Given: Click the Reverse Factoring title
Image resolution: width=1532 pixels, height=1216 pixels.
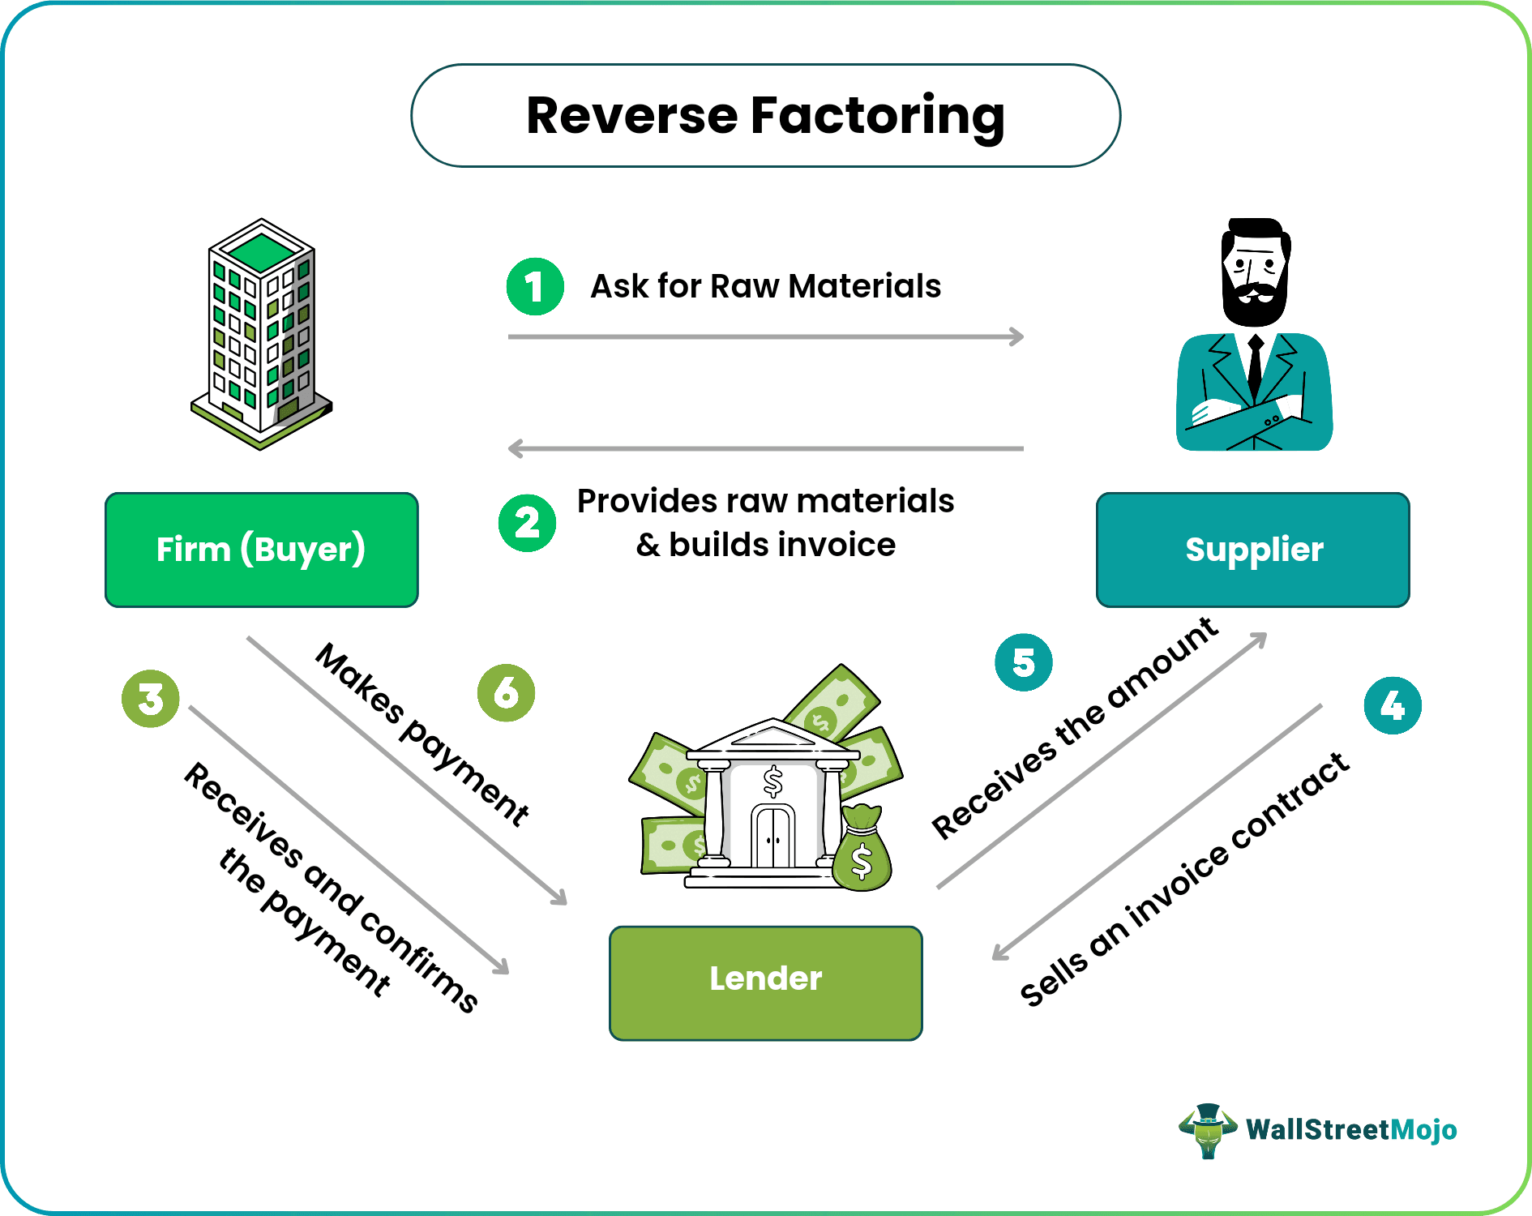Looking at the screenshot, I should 765,116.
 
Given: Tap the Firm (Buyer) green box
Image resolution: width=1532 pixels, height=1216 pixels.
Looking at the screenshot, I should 261,550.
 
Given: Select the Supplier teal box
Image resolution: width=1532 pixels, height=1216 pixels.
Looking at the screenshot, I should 1252,550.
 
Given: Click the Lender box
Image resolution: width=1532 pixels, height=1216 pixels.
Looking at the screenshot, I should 765,983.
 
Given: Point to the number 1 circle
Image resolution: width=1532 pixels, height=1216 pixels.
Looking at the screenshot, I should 535,286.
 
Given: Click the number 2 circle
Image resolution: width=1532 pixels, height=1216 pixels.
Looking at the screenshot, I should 527,523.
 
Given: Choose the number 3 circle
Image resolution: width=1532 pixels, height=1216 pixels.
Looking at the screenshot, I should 151,698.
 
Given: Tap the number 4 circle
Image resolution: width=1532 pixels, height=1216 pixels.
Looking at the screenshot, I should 1392,705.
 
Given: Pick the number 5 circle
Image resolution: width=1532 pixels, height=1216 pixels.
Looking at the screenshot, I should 1023,662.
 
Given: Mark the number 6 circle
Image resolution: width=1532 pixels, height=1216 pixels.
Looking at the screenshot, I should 506,692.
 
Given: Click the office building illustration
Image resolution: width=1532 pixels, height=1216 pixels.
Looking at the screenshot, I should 261,332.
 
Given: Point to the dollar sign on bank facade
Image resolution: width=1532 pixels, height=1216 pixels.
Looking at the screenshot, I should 773,782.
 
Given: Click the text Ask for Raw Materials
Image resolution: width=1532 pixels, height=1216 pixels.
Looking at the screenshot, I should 765,286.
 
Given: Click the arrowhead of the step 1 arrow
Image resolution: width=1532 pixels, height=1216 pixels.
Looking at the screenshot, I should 1017,336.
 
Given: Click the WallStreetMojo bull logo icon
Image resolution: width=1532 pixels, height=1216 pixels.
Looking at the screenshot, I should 1208,1129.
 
